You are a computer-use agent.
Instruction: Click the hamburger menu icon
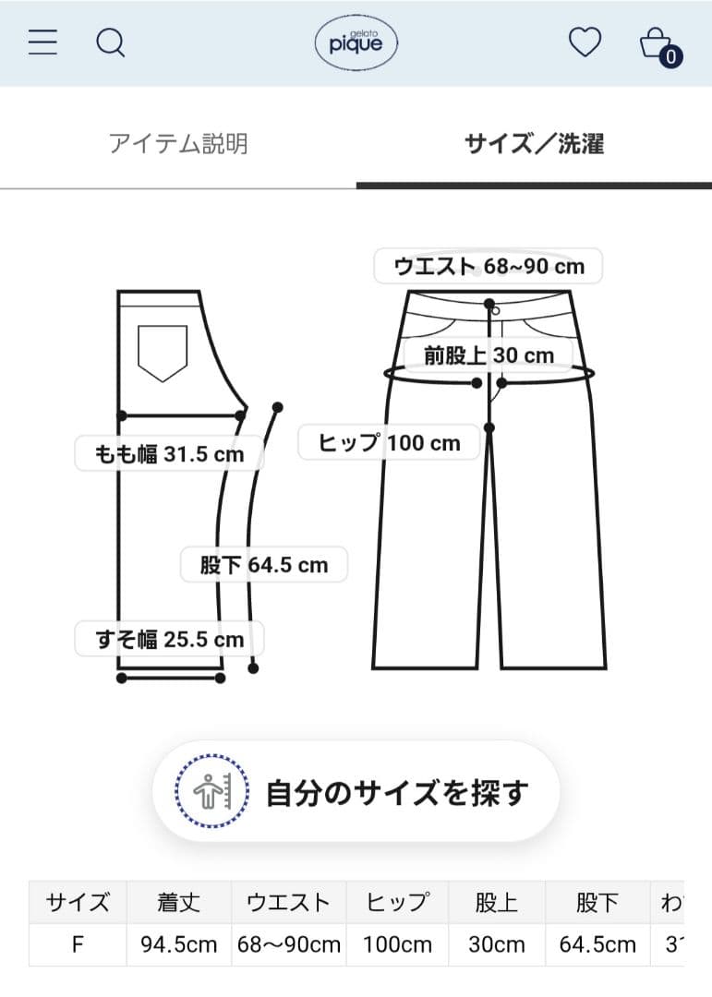point(42,42)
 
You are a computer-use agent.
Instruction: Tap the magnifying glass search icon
point(111,43)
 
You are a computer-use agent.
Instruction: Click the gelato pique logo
point(356,43)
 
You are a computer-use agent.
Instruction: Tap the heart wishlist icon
point(585,42)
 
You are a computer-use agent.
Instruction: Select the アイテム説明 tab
point(178,144)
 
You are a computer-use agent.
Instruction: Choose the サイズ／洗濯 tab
point(534,144)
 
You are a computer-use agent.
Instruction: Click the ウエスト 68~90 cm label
point(489,266)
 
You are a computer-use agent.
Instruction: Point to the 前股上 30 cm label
point(489,354)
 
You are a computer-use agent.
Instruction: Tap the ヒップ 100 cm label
point(389,442)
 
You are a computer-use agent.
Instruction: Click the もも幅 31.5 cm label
point(169,454)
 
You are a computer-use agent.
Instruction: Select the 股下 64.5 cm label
point(264,565)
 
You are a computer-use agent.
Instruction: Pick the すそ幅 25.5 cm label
point(169,639)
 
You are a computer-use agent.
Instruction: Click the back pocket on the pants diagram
point(163,353)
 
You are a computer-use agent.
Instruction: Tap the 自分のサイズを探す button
point(356,792)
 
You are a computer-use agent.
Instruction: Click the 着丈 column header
point(179,902)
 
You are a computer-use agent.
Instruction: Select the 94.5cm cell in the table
point(179,945)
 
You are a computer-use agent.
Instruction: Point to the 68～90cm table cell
point(289,945)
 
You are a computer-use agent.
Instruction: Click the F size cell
point(78,945)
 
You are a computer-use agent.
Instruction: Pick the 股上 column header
point(496,902)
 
